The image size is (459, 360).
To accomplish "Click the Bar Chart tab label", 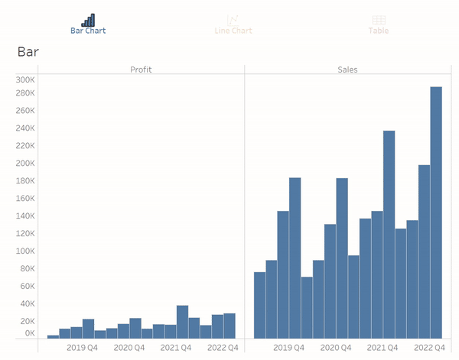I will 88,31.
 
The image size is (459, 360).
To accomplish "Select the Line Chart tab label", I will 233,31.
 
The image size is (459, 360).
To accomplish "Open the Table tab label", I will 378,31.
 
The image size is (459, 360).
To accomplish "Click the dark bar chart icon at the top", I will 89,20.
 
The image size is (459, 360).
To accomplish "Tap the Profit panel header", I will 141,70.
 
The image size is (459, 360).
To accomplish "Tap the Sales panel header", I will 347,70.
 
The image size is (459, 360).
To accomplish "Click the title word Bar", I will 28,52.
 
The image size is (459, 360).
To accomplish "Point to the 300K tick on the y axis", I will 25,79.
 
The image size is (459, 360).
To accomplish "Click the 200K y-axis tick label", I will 25,163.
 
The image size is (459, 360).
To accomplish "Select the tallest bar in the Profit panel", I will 182,322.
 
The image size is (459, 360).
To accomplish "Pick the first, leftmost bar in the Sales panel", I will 259,305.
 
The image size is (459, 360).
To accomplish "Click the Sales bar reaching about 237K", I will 389,235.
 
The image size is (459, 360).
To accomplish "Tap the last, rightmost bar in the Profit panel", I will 229,326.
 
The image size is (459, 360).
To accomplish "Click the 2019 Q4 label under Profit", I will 83,348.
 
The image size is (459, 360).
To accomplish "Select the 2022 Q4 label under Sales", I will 429,348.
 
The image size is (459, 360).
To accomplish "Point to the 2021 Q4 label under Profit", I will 176,348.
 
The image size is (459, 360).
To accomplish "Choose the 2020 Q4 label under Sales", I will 336,348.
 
